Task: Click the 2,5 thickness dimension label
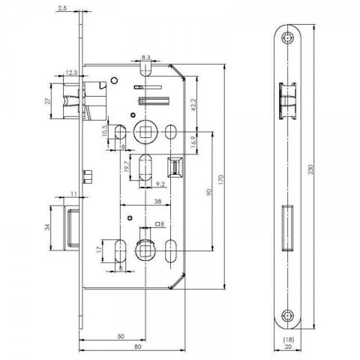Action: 62,8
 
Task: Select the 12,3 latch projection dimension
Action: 71,73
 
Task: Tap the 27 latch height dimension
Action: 47,101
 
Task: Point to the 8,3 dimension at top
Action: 145,58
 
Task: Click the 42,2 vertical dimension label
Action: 193,105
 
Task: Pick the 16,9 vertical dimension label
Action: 193,142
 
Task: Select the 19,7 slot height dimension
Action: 127,166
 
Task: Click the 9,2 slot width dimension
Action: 160,184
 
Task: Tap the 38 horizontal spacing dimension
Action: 157,201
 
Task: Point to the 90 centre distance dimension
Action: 208,192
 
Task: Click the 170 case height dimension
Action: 221,180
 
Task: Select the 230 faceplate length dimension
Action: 310,169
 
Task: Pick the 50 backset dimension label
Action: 121,336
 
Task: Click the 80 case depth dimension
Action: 138,346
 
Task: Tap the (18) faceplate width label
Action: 288,340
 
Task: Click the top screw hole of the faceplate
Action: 287,38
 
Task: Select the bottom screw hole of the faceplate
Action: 287,316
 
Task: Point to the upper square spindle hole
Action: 145,132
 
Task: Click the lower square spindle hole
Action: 145,250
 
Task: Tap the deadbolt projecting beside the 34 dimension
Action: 71,228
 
